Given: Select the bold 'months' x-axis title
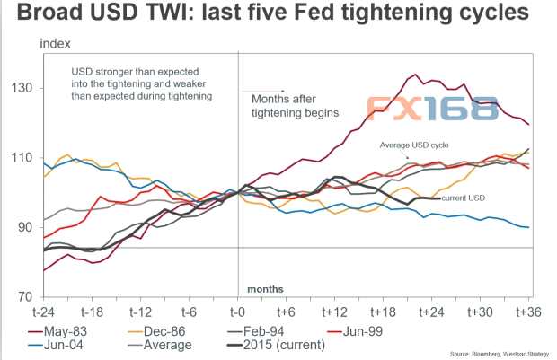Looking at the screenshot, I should click(x=265, y=288).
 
